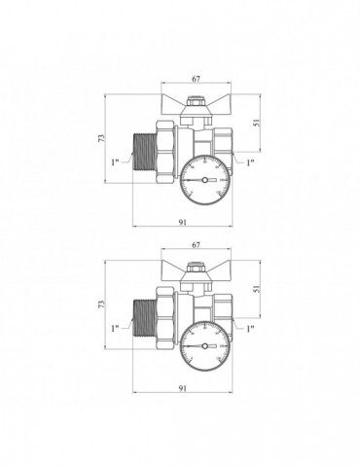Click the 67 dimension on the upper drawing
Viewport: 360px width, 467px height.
(x=197, y=79)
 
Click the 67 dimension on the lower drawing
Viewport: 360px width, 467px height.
(x=197, y=245)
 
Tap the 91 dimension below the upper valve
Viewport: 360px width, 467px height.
(x=183, y=222)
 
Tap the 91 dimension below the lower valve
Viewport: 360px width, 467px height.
(x=183, y=388)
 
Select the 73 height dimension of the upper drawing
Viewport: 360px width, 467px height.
(x=102, y=138)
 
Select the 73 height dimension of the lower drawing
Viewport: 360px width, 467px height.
(x=102, y=305)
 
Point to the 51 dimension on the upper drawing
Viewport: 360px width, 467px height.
(x=257, y=123)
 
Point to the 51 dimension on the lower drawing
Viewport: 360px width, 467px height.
(x=257, y=289)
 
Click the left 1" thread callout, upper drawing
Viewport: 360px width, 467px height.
(x=115, y=162)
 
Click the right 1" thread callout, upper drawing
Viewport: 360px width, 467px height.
(x=250, y=162)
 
